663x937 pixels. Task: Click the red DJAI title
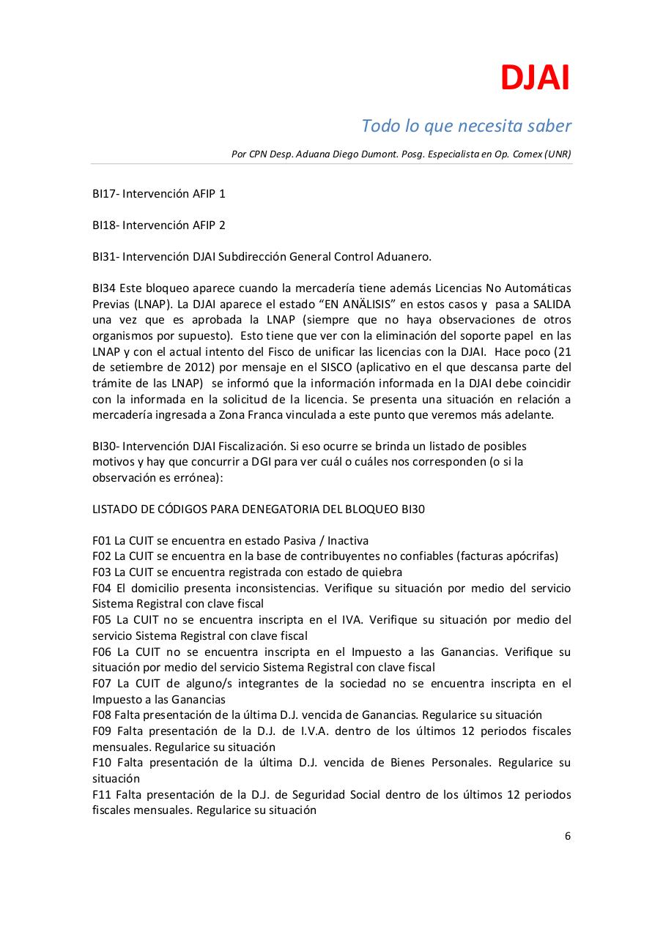pos(535,78)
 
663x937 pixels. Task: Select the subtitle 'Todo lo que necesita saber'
pos(466,126)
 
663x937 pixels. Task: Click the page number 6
pos(567,837)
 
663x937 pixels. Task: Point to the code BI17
pos(105,194)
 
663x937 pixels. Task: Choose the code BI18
pos(105,225)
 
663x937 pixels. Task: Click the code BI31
pos(105,257)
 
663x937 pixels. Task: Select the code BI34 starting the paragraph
pos(105,288)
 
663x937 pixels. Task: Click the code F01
pos(102,541)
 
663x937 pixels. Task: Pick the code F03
pos(102,572)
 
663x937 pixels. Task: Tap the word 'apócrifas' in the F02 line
pos(530,556)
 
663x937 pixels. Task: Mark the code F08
pos(102,715)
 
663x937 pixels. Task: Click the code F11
pos(102,795)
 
